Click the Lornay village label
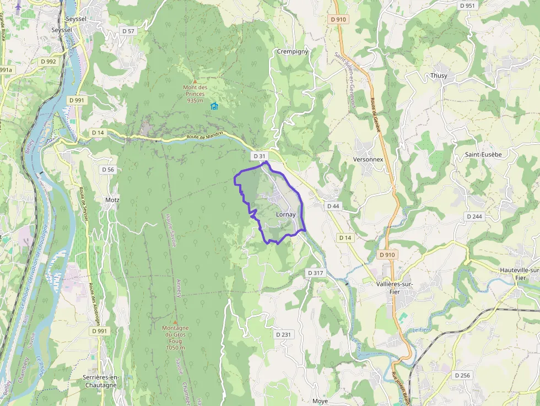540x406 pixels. click(x=285, y=214)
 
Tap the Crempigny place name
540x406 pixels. click(x=293, y=52)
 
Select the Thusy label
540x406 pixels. click(x=439, y=75)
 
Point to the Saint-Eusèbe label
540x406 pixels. click(x=483, y=154)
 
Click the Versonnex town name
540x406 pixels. click(x=368, y=159)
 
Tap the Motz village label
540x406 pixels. click(x=112, y=200)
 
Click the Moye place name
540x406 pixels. click(x=320, y=401)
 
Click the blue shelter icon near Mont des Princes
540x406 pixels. click(x=214, y=106)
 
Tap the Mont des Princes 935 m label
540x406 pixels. click(x=195, y=94)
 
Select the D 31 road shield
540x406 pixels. click(x=260, y=156)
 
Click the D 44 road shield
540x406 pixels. click(x=333, y=206)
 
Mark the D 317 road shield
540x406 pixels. click(x=315, y=273)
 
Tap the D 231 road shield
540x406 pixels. click(x=283, y=334)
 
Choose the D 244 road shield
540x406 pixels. click(x=474, y=216)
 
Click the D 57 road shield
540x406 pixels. click(x=128, y=31)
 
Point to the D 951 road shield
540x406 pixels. click(x=467, y=6)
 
